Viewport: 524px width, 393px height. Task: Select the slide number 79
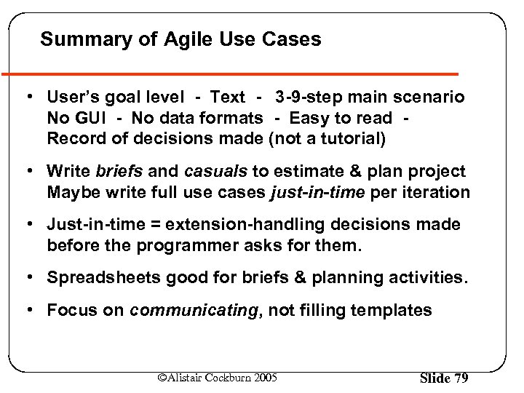459,378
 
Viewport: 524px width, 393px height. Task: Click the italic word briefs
119,171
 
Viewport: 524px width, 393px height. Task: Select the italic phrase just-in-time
314,192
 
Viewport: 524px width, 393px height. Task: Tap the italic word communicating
193,310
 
